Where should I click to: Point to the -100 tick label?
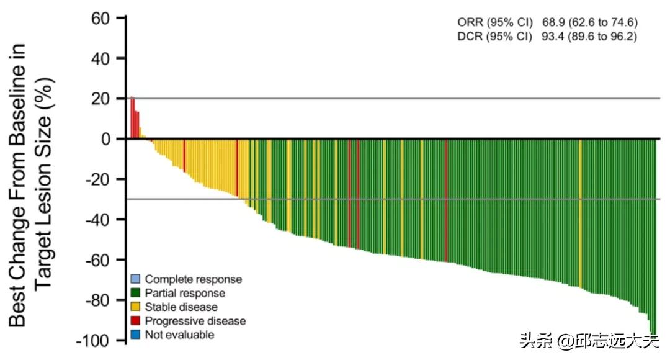pos(93,341)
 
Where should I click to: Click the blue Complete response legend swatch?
pos(135,279)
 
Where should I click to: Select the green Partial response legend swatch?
pos(135,293)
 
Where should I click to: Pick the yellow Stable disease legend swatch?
pos(135,307)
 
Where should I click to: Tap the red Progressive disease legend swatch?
pos(135,321)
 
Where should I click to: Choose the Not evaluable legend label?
pos(179,335)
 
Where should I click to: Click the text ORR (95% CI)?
pos(494,23)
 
